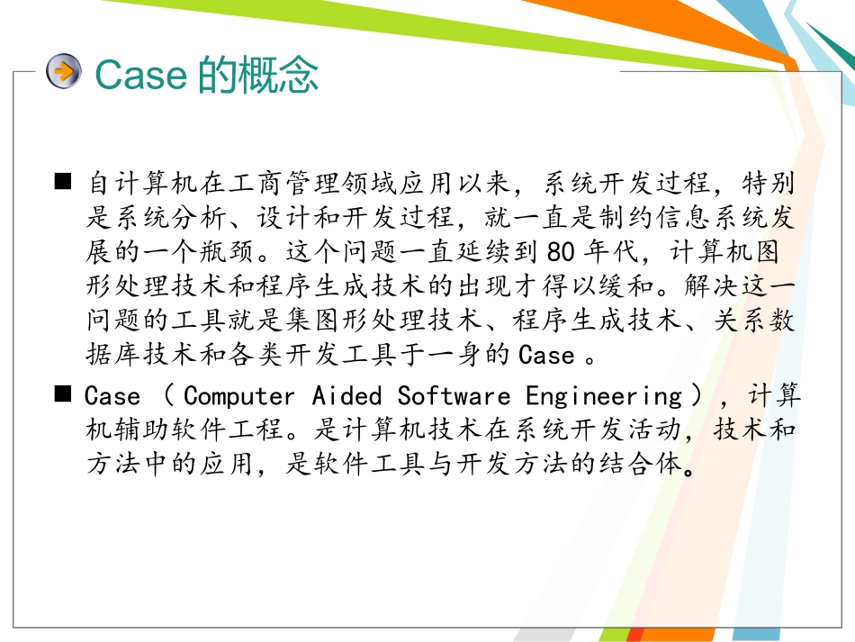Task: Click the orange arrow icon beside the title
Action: [x=64, y=71]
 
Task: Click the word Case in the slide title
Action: [x=139, y=75]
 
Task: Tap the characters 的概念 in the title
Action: [x=257, y=75]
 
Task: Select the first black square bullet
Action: [x=63, y=184]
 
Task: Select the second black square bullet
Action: [x=63, y=394]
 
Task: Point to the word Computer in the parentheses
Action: [x=239, y=396]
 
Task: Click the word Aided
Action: [x=346, y=396]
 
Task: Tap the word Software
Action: [x=454, y=396]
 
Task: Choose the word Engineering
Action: [x=604, y=396]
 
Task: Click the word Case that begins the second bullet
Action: [x=112, y=396]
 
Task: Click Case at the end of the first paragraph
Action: [x=546, y=356]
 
